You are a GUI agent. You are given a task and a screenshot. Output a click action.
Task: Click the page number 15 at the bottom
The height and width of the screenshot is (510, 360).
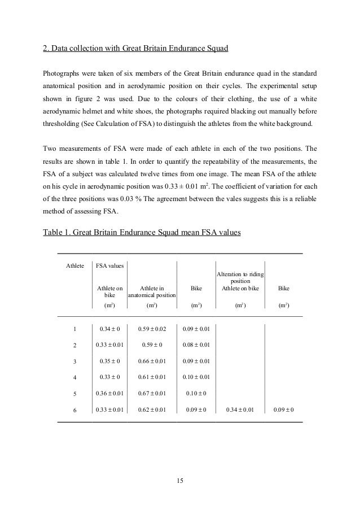point(180,481)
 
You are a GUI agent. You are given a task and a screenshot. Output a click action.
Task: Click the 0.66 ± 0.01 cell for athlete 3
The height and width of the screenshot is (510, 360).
point(151,361)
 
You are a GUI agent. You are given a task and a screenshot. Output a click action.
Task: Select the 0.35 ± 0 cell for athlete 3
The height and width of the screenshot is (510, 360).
point(110,361)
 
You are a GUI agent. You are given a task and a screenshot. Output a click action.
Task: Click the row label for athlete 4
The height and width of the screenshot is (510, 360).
point(75,377)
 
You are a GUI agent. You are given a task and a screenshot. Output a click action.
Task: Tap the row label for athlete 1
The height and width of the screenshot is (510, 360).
point(75,328)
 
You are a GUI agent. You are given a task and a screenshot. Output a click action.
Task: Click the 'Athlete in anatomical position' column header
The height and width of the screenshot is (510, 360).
point(151,291)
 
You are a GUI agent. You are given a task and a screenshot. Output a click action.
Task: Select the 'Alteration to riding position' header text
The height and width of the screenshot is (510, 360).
point(240,277)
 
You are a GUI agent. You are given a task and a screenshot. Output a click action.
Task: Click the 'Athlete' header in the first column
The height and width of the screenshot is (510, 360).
point(75,265)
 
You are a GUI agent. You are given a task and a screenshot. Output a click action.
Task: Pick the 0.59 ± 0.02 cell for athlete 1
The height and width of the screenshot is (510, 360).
point(151,328)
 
